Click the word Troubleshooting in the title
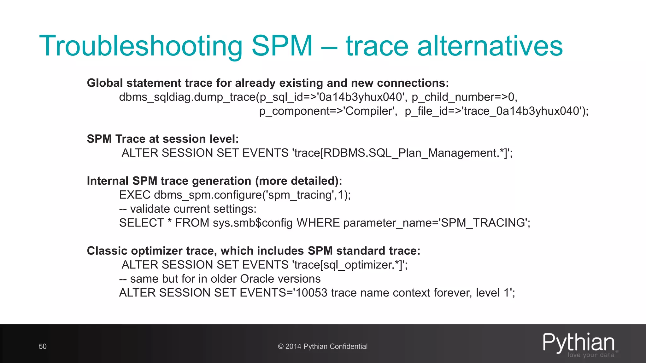[141, 46]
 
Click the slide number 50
[43, 346]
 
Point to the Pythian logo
[579, 344]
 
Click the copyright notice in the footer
[323, 346]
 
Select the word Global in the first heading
[105, 83]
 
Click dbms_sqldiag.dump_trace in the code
[187, 97]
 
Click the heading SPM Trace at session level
[163, 139]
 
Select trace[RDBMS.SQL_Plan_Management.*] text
[401, 153]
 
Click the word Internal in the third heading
[108, 181]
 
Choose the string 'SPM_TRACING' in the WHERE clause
[484, 223]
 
